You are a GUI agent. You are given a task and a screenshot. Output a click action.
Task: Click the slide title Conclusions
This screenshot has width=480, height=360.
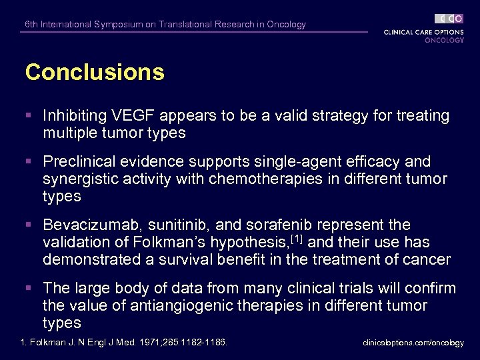(95, 72)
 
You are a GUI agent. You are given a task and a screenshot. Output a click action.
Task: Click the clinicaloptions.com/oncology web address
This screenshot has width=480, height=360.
(413, 343)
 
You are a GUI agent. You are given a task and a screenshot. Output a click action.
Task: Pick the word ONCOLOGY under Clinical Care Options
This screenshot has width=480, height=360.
(444, 40)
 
